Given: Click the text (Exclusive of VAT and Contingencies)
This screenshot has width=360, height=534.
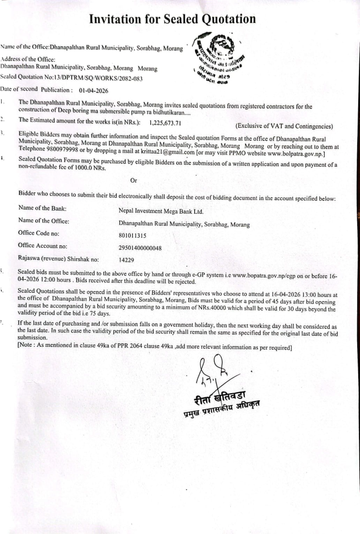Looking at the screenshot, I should point(284,126).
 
